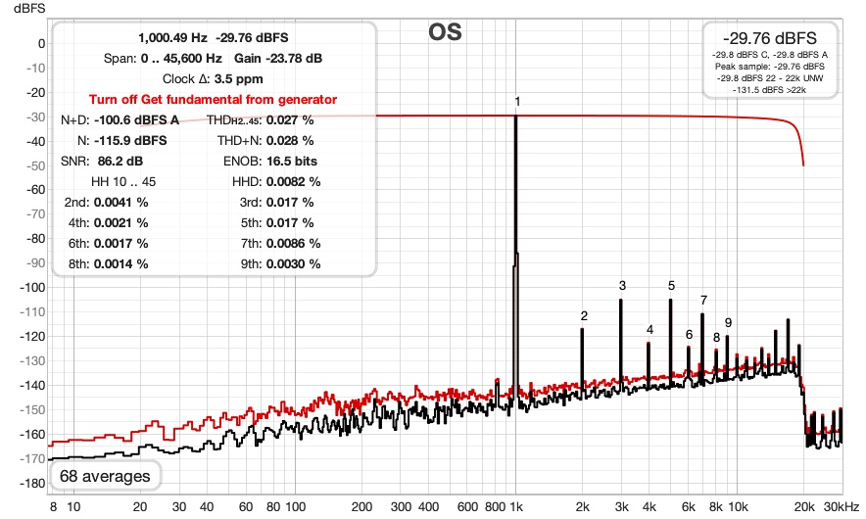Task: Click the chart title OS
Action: click(445, 31)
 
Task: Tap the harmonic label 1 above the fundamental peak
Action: click(517, 101)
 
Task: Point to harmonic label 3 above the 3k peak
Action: click(621, 285)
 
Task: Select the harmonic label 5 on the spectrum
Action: click(671, 285)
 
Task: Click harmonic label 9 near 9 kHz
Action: click(728, 322)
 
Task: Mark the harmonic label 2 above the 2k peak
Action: click(584, 315)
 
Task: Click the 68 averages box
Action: click(105, 476)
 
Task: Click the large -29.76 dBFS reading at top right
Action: click(769, 38)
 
